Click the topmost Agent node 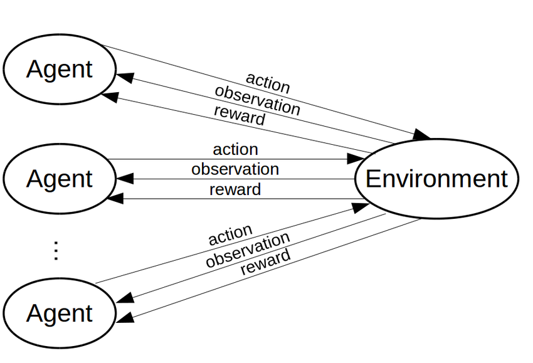59,69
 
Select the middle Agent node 59,179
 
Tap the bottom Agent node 59,313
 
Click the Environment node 436,179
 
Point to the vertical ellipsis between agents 56,250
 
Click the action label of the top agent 268,83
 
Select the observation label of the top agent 257,100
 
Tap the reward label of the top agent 239,115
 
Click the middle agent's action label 235,150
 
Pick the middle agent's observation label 235,169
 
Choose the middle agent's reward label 235,189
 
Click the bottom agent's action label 230,236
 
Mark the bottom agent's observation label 247,250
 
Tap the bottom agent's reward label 265,261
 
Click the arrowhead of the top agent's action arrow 422,135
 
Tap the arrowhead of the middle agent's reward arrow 115,199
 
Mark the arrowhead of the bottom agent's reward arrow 125,318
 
